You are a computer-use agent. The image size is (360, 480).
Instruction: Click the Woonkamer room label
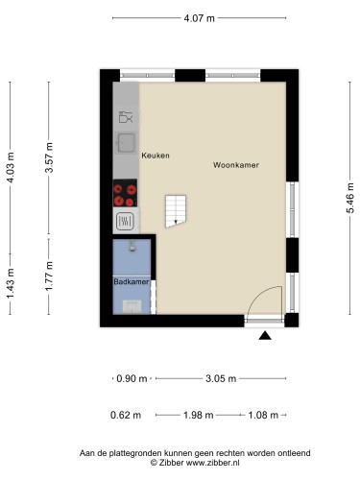[x=236, y=165]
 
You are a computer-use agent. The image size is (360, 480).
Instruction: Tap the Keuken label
[x=156, y=156]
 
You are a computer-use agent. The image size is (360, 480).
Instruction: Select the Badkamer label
[x=132, y=281]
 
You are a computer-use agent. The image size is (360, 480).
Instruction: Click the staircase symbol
[x=176, y=211]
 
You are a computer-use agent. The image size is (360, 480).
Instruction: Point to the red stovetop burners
[x=125, y=193]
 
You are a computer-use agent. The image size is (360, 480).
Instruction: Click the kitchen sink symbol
[x=126, y=143]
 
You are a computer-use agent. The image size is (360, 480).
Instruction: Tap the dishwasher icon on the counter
[x=126, y=117]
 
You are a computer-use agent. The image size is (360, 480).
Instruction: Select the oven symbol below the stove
[x=125, y=221]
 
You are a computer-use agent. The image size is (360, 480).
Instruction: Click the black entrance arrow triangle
[x=265, y=335]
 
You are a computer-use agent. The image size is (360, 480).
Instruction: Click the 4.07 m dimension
[x=199, y=18]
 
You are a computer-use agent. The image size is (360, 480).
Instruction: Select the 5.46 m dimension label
[x=349, y=198]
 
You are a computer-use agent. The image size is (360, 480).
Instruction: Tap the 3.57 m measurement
[x=49, y=157]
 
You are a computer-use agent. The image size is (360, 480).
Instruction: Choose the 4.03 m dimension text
[x=11, y=168]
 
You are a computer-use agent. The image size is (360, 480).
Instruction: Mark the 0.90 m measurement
[x=132, y=379]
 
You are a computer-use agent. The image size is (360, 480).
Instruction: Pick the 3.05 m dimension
[x=221, y=379]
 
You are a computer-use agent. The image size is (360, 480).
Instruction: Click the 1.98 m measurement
[x=198, y=415]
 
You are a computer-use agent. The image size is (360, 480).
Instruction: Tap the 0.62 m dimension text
[x=126, y=415]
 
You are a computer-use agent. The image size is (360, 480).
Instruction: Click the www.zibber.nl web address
[x=213, y=463]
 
